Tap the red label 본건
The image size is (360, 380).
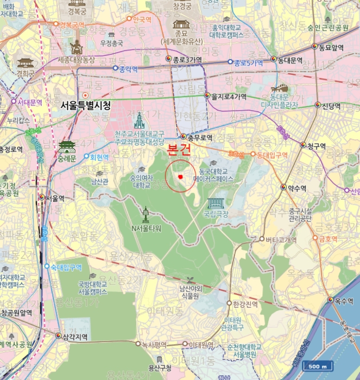[180, 149]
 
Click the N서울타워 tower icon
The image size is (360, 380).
[146, 215]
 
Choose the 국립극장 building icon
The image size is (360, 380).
[215, 204]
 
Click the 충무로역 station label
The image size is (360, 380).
[200, 137]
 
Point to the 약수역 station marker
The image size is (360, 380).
[283, 188]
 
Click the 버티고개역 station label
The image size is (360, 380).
[281, 239]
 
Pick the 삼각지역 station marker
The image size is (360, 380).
[58, 337]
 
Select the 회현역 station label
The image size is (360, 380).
[99, 157]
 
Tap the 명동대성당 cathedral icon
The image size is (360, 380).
[140, 121]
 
